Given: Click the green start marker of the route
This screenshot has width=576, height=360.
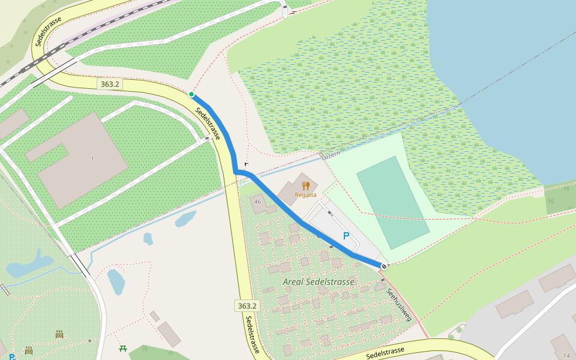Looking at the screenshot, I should click(191, 94).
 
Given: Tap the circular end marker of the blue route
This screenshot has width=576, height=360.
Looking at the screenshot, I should click(384, 266).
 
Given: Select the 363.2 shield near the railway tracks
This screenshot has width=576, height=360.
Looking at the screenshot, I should click(110, 85).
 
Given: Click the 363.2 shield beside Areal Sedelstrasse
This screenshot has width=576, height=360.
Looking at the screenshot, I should click(247, 305).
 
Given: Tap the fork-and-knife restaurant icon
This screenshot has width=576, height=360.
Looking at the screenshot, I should click(305, 185).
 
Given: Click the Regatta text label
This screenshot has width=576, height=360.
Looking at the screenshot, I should click(305, 195).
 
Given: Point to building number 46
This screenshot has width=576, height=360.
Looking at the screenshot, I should click(258, 202).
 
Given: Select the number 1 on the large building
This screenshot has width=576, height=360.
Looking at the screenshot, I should click(92, 158).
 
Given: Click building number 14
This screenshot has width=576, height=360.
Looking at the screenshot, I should click(566, 356).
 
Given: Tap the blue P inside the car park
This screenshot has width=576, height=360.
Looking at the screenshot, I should click(346, 236).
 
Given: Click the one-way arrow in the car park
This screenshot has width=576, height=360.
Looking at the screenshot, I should click(329, 212).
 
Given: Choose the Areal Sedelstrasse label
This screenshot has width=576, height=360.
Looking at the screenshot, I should click(318, 282).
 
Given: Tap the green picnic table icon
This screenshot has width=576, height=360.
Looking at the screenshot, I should click(123, 347).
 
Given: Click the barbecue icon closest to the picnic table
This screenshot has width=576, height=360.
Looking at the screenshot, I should click(59, 334).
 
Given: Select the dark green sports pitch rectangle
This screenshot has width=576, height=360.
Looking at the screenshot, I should click(393, 202).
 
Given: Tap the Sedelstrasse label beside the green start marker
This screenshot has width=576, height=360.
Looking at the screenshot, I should click(208, 124).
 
